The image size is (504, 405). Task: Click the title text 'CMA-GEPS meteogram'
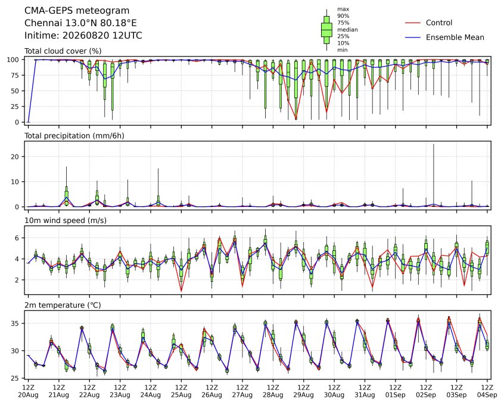[x=77, y=11]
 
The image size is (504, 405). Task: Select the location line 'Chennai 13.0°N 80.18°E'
[x=80, y=23]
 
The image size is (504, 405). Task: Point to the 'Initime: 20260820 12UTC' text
[x=83, y=35]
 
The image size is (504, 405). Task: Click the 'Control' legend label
[x=438, y=23]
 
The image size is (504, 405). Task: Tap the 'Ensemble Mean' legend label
[x=455, y=37]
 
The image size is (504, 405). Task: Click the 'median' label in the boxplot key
[x=347, y=30]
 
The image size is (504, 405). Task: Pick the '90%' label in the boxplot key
[x=343, y=15]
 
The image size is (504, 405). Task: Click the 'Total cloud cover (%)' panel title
[x=63, y=51]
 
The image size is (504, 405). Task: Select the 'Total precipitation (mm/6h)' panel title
[x=74, y=136]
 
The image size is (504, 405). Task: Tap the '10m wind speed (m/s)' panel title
[x=66, y=221]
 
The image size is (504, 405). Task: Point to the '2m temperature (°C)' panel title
[x=63, y=305]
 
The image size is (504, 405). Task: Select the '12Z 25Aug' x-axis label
[x=181, y=391]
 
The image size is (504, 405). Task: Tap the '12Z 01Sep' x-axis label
[x=396, y=391]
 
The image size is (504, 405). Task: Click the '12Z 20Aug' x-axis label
[x=28, y=391]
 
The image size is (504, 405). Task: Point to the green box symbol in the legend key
[x=326, y=30]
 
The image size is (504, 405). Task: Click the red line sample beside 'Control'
[x=413, y=23]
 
